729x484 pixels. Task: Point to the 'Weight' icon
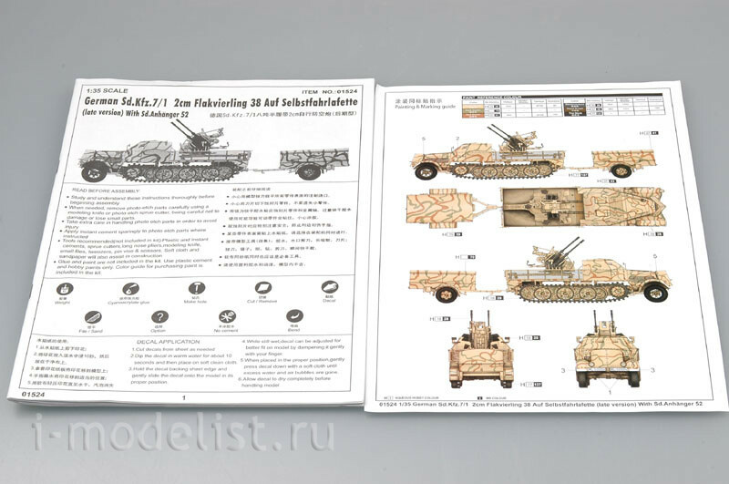[x=65, y=290]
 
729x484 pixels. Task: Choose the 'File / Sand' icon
[x=91, y=319]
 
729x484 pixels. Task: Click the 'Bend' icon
[x=294, y=316]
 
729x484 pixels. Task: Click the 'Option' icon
[x=159, y=318]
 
